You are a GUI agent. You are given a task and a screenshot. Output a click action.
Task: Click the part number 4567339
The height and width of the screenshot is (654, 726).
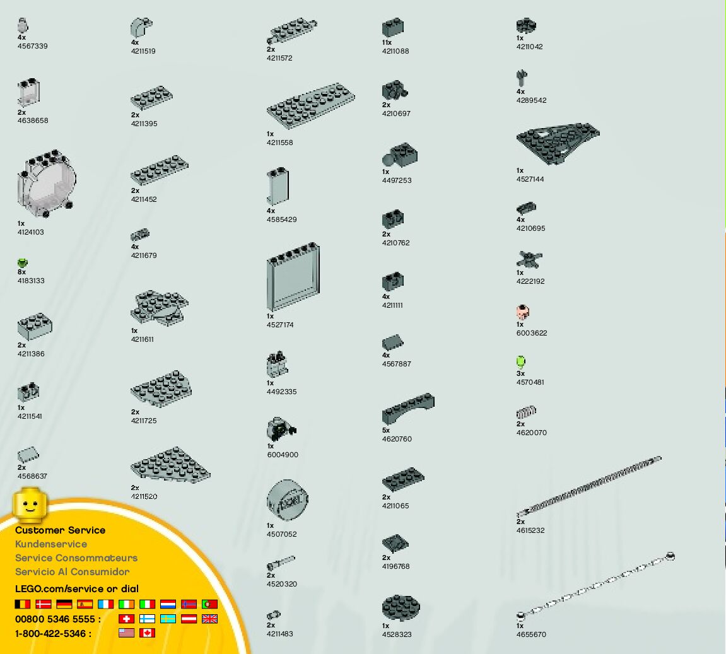(32, 46)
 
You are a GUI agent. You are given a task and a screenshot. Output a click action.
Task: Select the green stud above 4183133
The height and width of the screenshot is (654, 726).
(23, 262)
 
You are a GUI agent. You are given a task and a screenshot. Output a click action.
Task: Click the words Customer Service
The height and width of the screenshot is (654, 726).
(60, 530)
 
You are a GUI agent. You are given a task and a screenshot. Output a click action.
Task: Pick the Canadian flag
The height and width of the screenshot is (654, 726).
(147, 633)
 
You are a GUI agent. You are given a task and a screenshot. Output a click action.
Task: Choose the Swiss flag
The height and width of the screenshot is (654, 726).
(126, 619)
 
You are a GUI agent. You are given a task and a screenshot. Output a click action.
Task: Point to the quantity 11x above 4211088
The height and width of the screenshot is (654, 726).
(387, 42)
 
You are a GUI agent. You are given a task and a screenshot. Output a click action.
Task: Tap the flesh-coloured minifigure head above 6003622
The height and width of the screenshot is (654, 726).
(522, 312)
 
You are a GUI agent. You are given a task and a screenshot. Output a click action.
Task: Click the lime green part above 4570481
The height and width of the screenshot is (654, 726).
(520, 361)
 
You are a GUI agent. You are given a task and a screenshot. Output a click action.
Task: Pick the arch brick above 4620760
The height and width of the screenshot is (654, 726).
(407, 409)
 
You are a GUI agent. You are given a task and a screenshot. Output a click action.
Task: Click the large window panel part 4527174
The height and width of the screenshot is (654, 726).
(293, 277)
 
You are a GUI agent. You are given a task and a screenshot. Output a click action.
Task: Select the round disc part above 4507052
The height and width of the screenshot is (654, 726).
(287, 501)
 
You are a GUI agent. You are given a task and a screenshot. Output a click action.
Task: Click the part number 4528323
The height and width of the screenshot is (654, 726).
(396, 634)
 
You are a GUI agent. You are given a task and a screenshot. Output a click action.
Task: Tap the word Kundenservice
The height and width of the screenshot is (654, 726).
(51, 544)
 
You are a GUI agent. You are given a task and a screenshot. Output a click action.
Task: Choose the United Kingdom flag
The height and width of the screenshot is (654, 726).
(209, 619)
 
